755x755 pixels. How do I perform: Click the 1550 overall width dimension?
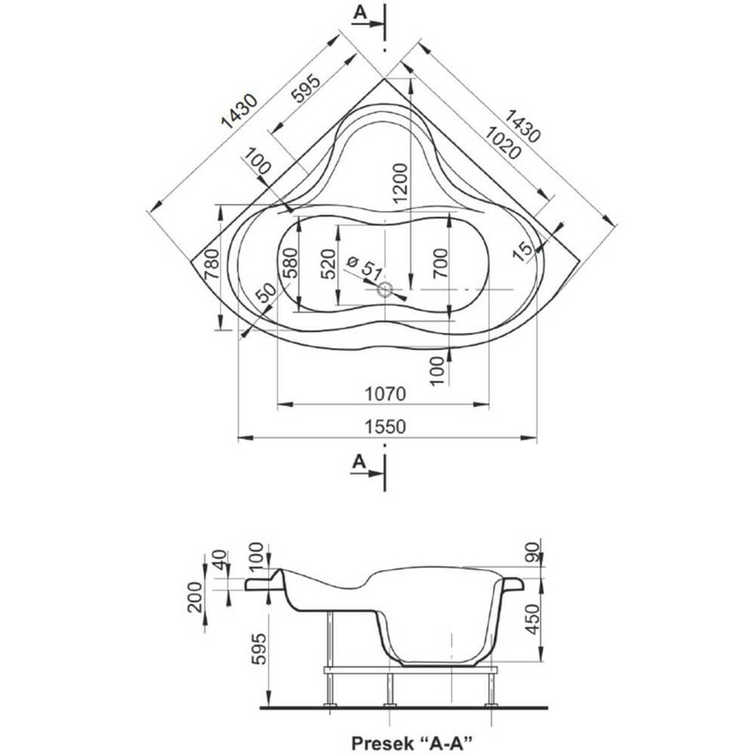(x=385, y=427)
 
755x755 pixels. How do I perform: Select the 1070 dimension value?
(x=385, y=394)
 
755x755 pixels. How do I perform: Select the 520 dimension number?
(x=328, y=264)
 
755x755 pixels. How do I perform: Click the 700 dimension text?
(x=440, y=263)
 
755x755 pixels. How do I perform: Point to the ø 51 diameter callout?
(x=364, y=268)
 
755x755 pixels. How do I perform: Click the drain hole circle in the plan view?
(x=384, y=290)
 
